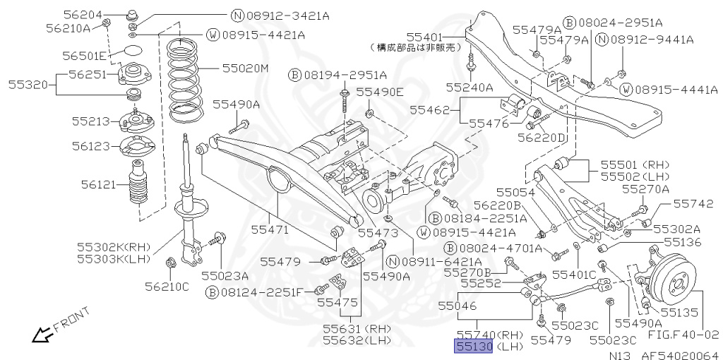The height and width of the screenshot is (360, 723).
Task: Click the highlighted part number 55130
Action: (474, 346)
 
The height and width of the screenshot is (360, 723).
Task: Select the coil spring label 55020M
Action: (245, 68)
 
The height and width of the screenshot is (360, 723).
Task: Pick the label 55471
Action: (270, 229)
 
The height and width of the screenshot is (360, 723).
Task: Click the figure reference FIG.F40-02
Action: (683, 334)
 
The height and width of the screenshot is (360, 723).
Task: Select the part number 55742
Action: (693, 203)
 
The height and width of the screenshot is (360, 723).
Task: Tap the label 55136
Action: (683, 242)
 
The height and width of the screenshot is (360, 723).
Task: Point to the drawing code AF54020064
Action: (680, 355)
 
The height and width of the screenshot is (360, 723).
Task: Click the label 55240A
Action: (470, 86)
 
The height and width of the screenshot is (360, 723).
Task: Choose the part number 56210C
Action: (167, 287)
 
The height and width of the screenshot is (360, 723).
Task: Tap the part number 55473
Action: (378, 233)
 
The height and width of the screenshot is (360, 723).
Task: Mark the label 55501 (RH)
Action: (635, 164)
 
